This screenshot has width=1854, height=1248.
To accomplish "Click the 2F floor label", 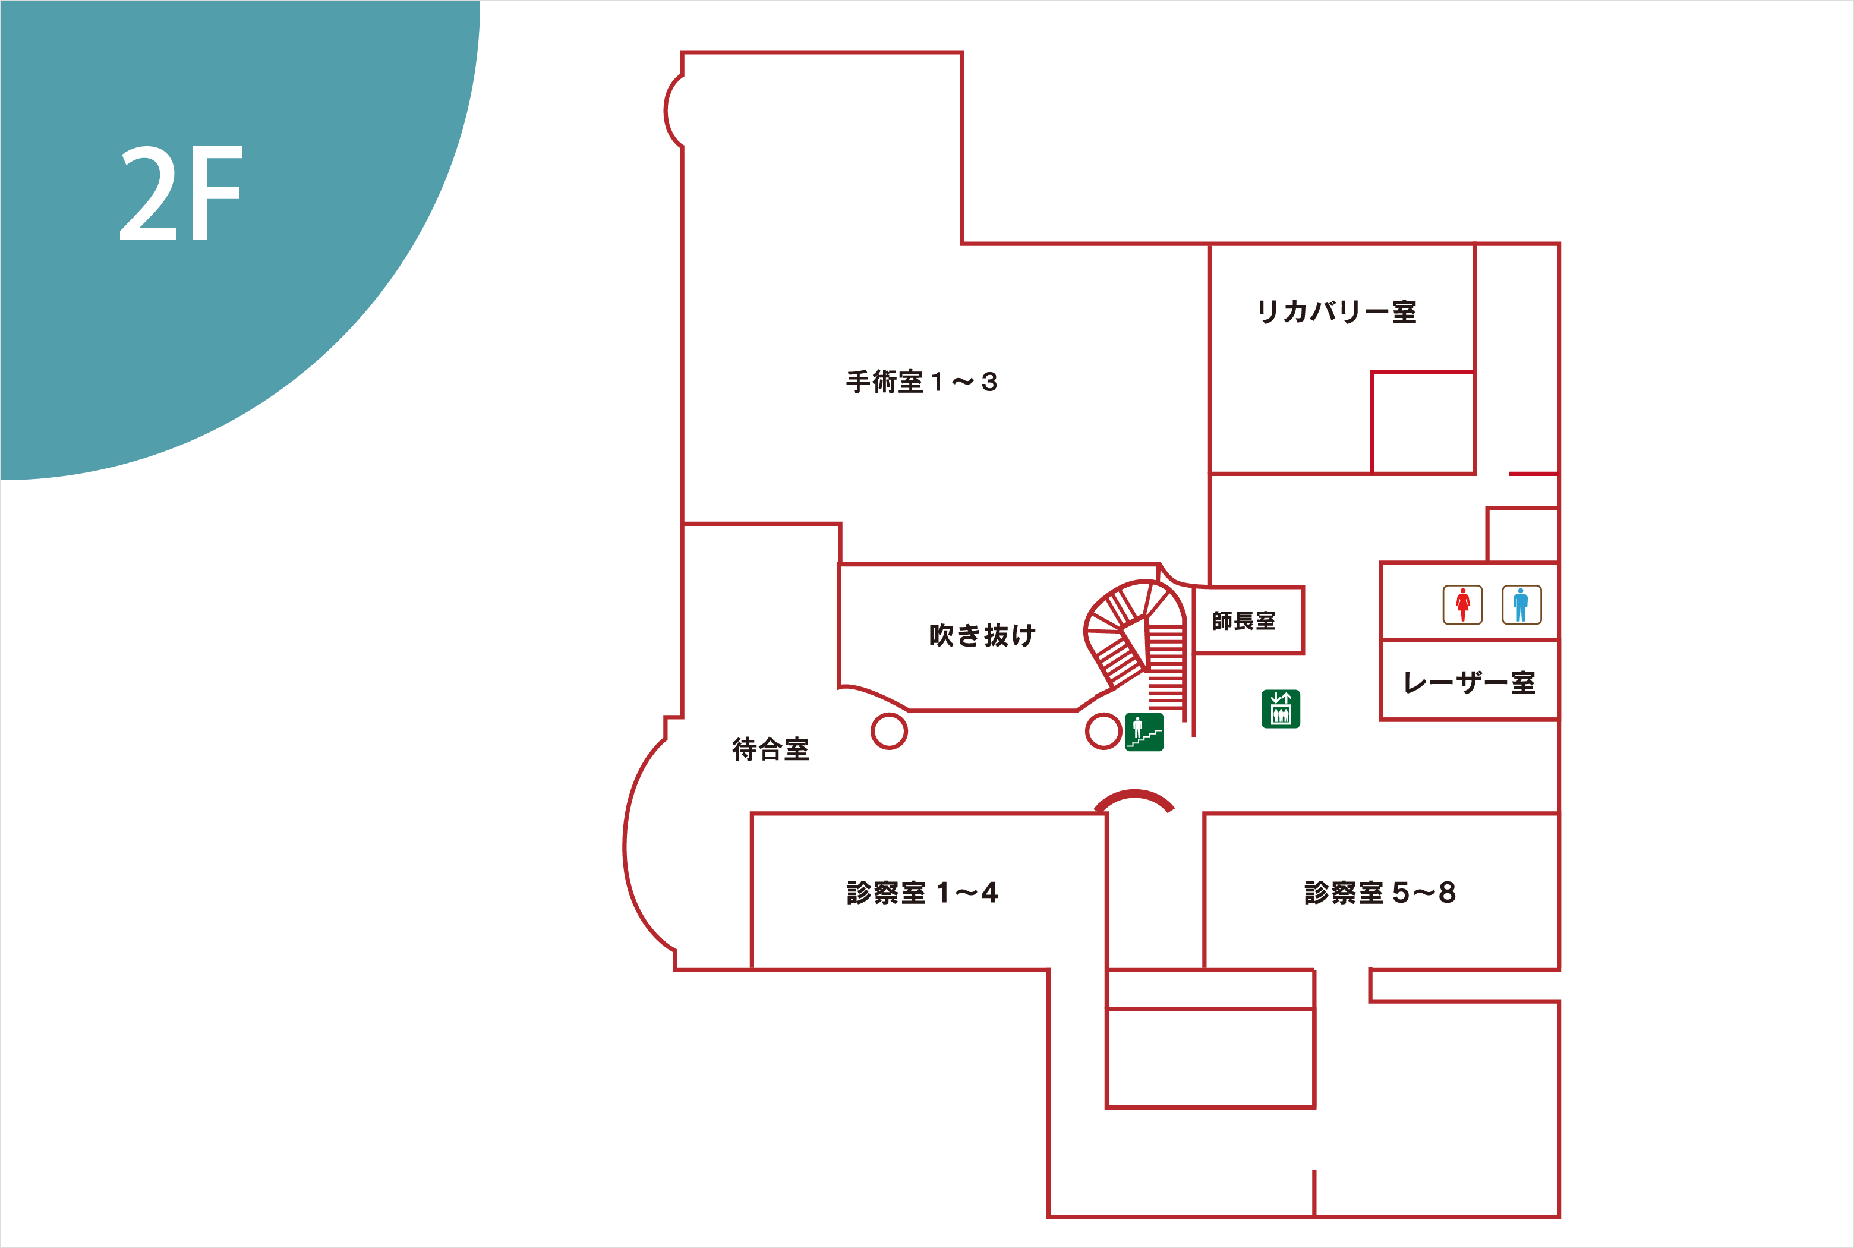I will (x=181, y=193).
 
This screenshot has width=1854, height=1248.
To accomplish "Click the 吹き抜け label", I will (x=982, y=635).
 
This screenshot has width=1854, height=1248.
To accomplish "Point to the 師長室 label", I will (x=1243, y=621).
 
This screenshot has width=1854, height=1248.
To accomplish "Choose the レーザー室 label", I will (x=1468, y=682).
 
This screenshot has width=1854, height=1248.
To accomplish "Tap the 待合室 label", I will (x=770, y=749).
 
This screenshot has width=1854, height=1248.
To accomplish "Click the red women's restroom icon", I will (x=1462, y=605).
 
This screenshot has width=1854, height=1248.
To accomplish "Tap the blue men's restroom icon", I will (x=1521, y=605).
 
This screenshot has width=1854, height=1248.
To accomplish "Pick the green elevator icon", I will (x=1281, y=708).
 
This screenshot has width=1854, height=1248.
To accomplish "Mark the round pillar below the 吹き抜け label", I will (x=889, y=730).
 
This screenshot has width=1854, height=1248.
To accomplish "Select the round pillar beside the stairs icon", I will (x=1103, y=730).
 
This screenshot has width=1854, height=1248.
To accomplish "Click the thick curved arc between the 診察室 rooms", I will (x=1134, y=798).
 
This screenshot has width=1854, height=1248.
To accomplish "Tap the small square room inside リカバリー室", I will (x=1423, y=423).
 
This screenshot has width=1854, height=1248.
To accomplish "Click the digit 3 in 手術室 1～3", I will (x=989, y=382).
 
